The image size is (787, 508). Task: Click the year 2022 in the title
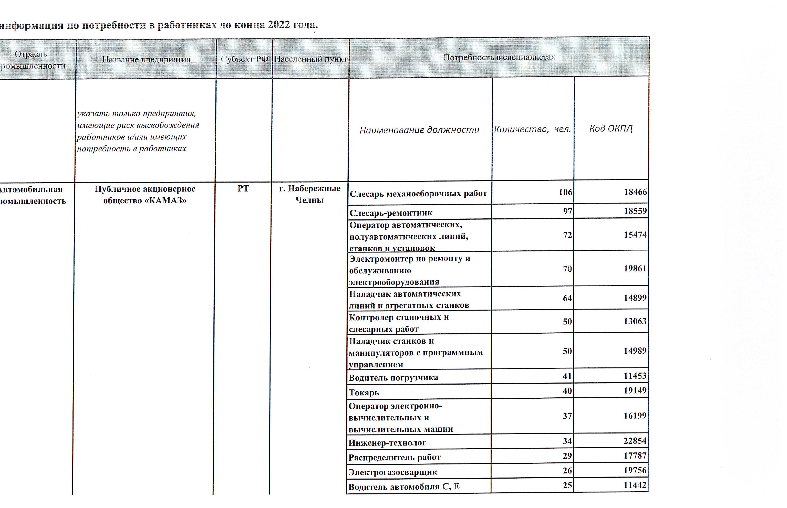tap(279, 25)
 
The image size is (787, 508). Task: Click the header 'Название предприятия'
tap(146, 59)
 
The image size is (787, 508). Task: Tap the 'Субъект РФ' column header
tap(244, 59)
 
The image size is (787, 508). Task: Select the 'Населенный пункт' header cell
tap(310, 59)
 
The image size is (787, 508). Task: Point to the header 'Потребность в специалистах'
tap(499, 57)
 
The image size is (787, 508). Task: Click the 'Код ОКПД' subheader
tap(611, 128)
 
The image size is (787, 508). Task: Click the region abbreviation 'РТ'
tap(243, 189)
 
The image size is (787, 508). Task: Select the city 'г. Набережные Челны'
tap(309, 194)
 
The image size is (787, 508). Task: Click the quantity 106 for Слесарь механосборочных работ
tap(565, 192)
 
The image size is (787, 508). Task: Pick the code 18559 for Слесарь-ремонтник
tap(635, 211)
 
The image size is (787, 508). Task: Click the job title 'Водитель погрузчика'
tap(393, 378)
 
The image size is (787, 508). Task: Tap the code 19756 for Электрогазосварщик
tap(635, 470)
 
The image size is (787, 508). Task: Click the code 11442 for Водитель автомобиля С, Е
tap(635, 485)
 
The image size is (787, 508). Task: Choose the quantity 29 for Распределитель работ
tap(567, 456)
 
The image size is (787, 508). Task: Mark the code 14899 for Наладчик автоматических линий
tap(635, 298)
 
